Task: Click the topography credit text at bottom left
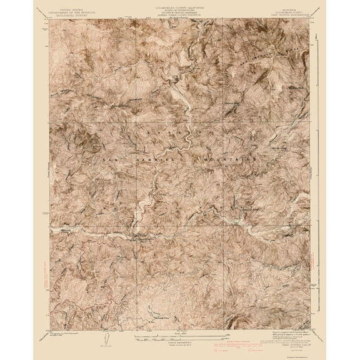point(69,332)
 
